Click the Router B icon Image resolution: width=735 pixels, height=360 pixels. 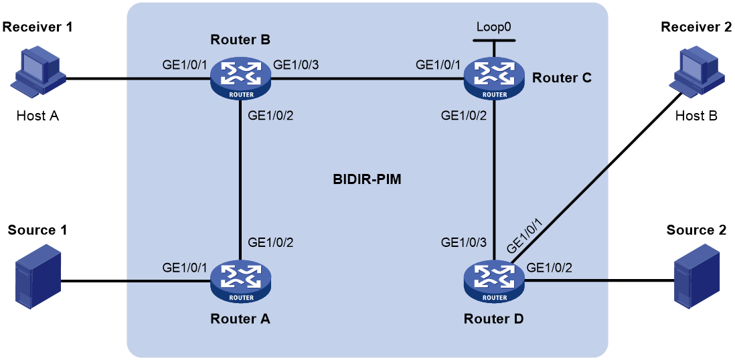240,79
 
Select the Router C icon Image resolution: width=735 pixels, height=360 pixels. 493,79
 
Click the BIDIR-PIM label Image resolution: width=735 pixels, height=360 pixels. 367,179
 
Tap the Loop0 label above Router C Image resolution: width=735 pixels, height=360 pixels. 493,26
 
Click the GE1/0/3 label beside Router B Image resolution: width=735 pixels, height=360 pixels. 297,64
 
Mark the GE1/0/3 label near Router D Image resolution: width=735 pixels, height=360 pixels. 464,242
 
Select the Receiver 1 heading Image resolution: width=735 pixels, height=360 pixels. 38,27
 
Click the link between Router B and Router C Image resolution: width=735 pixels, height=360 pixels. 367,79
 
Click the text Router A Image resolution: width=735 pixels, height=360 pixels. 240,319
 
